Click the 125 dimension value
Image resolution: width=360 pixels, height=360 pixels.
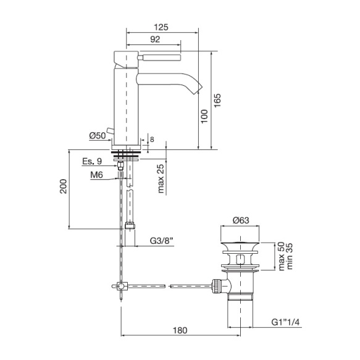(161, 27)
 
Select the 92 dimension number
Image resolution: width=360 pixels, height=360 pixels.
(155, 40)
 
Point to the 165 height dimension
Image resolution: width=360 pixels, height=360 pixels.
(217, 100)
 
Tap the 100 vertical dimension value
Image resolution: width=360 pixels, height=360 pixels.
(204, 116)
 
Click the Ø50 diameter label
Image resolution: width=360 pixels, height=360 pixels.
(98, 136)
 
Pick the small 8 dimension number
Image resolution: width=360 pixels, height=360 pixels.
(152, 140)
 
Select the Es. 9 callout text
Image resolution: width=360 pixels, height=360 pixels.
(92, 161)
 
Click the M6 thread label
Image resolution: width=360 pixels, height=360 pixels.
(97, 175)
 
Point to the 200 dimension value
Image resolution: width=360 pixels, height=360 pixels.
(63, 186)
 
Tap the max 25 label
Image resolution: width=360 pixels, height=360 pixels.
(161, 178)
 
